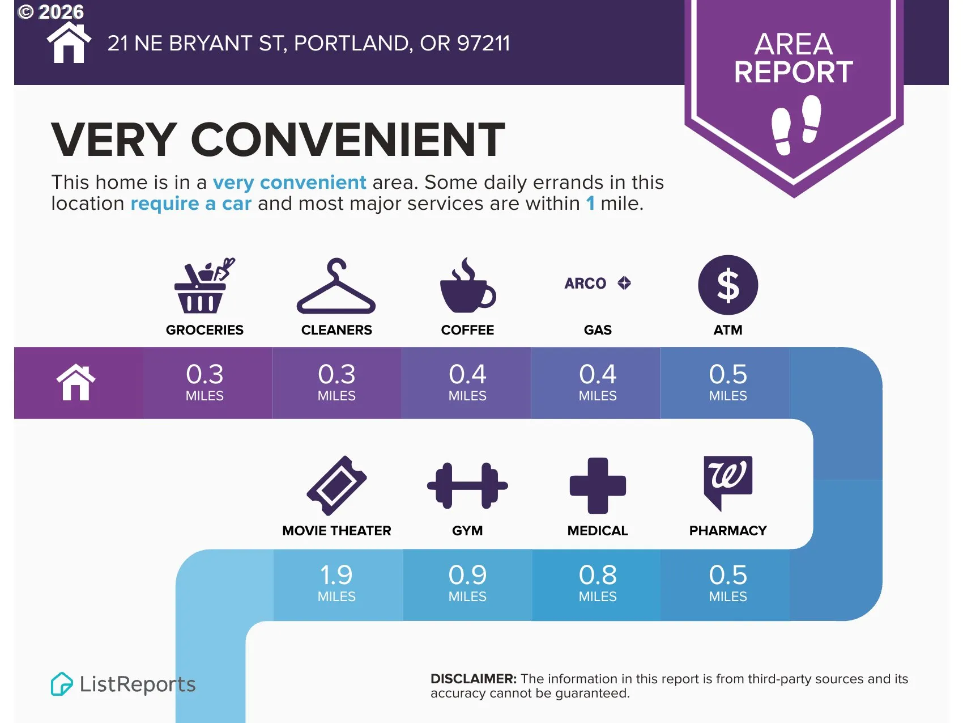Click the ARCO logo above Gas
[x=598, y=283]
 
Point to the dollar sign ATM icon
[x=728, y=285]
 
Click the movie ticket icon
[x=336, y=485]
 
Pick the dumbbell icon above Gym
[x=467, y=485]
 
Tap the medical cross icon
[x=598, y=485]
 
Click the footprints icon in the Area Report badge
[x=796, y=125]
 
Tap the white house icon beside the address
[x=69, y=43]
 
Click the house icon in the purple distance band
[x=76, y=382]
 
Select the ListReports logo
[x=123, y=684]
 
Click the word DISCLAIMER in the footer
[x=474, y=679]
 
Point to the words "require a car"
[x=191, y=204]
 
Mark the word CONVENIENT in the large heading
[x=348, y=139]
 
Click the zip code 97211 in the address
[x=483, y=43]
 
